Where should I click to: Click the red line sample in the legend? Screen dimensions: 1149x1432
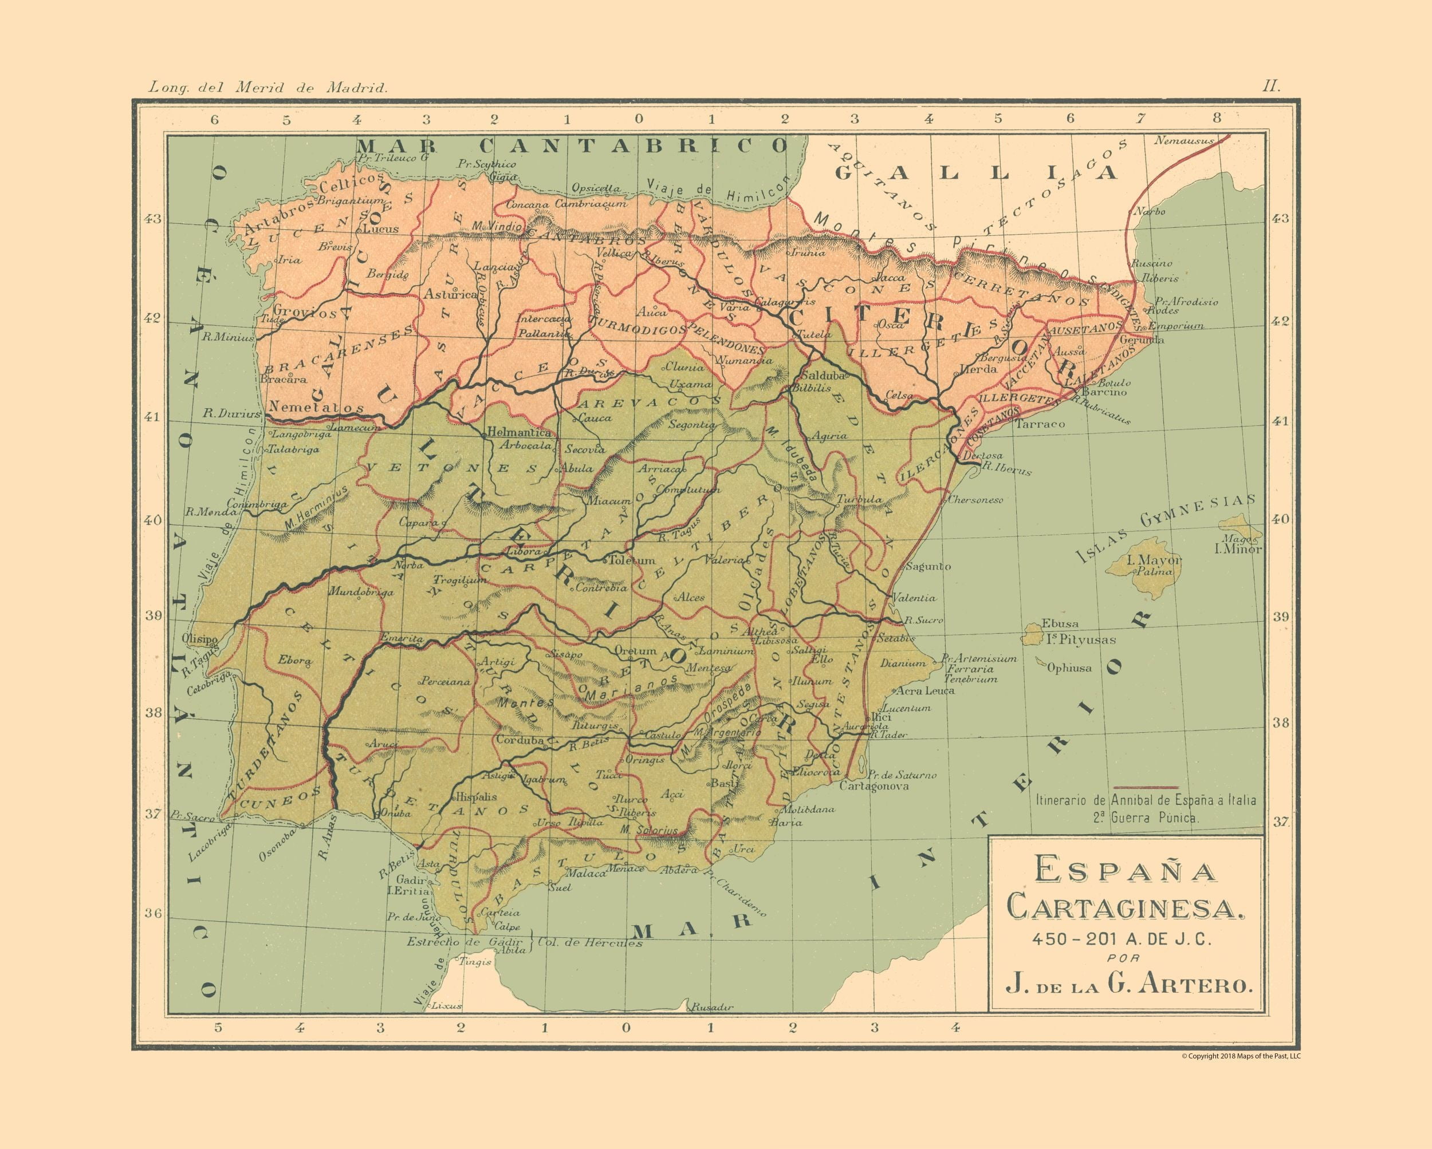1149,787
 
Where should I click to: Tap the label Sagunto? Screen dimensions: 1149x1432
929,566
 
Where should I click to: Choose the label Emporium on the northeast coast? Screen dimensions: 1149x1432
1175,326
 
